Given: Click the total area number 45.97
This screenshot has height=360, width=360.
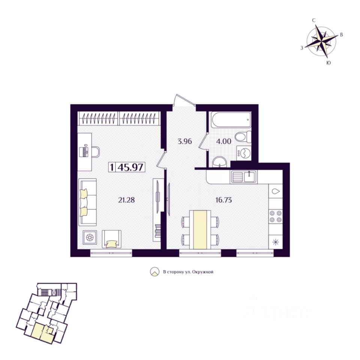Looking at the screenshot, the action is click(130, 167).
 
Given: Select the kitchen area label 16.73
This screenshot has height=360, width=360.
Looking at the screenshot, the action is click(223, 199).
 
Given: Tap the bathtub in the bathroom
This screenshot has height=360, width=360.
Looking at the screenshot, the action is click(230, 121).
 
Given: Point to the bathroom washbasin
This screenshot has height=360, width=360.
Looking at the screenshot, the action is click(219, 162).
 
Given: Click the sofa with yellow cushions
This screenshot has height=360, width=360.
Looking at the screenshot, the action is click(87, 202).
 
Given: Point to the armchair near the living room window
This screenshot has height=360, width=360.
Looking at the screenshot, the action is click(112, 239).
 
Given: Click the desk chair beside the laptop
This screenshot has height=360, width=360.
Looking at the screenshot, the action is click(94, 151).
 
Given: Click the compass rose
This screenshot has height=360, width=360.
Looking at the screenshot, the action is click(321, 40).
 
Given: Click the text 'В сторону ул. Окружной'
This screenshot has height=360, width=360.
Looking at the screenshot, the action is click(188, 272).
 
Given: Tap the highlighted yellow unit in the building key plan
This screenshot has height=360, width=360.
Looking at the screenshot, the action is click(42, 333).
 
